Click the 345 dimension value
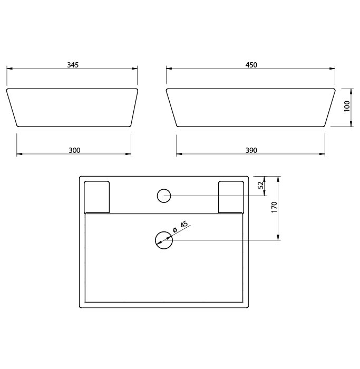[73, 65]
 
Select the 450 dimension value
[251, 65]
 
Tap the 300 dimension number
[74, 150]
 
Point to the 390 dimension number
[251, 150]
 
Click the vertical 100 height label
[347, 106]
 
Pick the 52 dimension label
[260, 186]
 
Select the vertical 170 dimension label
[275, 207]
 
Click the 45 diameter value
[184, 224]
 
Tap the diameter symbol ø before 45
[174, 230]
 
